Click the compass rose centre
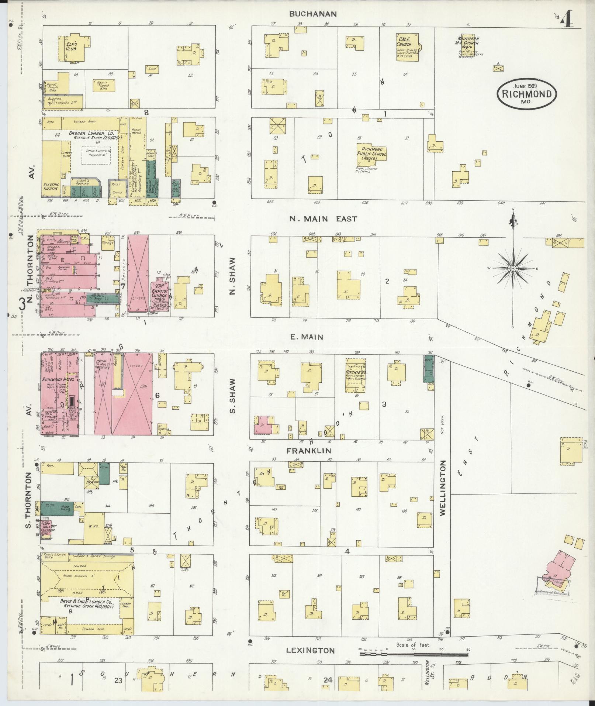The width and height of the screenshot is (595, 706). [x=513, y=268]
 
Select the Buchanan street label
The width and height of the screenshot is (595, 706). [x=313, y=14]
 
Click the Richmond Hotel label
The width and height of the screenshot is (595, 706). [x=59, y=379]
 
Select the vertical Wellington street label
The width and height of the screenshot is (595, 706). [x=443, y=487]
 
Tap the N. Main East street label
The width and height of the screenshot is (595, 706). [x=323, y=219]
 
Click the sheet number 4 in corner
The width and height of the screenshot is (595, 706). [x=566, y=18]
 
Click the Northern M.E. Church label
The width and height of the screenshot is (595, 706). [x=468, y=43]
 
